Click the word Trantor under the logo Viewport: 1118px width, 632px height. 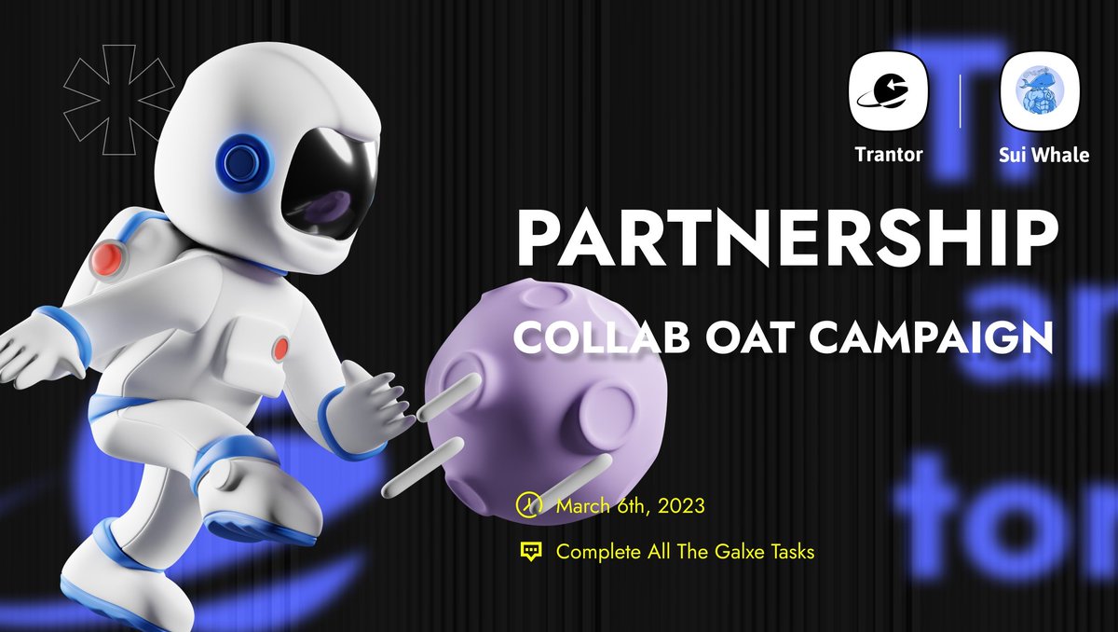coord(889,155)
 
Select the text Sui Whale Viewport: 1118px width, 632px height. coord(1032,155)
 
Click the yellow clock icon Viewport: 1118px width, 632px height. coord(529,505)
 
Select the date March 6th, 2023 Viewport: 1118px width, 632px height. coord(630,506)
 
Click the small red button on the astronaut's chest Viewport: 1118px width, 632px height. coord(279,350)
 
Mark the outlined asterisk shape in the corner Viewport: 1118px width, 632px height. coord(117,101)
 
